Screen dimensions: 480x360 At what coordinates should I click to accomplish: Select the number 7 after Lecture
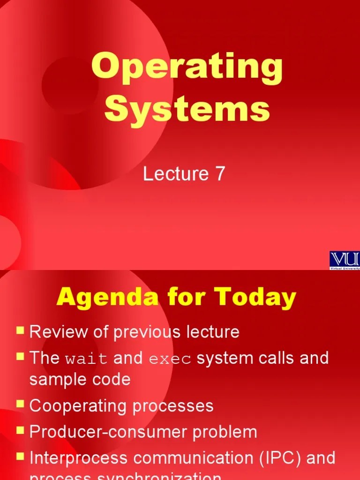220,174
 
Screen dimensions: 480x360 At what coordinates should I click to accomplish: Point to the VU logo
345,260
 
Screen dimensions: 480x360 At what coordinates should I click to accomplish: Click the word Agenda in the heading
97,297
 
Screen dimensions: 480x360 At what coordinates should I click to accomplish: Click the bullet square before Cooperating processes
20,404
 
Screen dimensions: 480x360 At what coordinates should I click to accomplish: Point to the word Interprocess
79,458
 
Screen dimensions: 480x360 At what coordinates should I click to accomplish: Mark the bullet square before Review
20,330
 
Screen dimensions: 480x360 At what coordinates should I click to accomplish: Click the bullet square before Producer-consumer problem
20,430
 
